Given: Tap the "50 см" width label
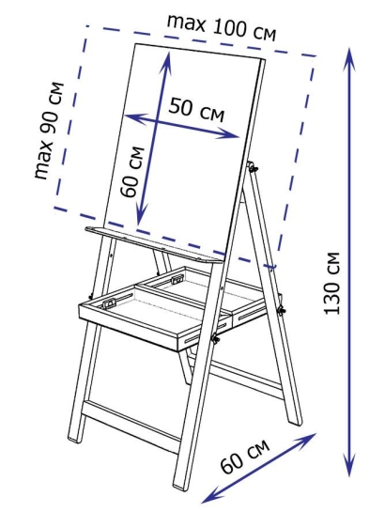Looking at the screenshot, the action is coord(197,110).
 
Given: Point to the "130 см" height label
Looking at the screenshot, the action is coord(331,283).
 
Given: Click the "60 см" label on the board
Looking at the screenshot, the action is coord(131,172).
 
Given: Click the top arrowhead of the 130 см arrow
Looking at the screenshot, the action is coord(349,59).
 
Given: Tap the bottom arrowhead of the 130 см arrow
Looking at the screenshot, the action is coord(349,465).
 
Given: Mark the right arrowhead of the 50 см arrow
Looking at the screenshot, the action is coord(229,135).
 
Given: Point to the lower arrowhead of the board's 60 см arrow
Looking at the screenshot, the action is coord(141,214).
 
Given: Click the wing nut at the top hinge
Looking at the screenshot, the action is coord(253,167).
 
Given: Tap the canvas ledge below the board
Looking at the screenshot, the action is coord(154,245).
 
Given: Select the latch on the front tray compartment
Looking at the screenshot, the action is coord(110,303).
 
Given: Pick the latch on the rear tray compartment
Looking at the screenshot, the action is coord(177,279).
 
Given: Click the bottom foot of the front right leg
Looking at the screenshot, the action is coord(180,486).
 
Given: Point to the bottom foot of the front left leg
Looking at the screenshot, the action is coord(74,438).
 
